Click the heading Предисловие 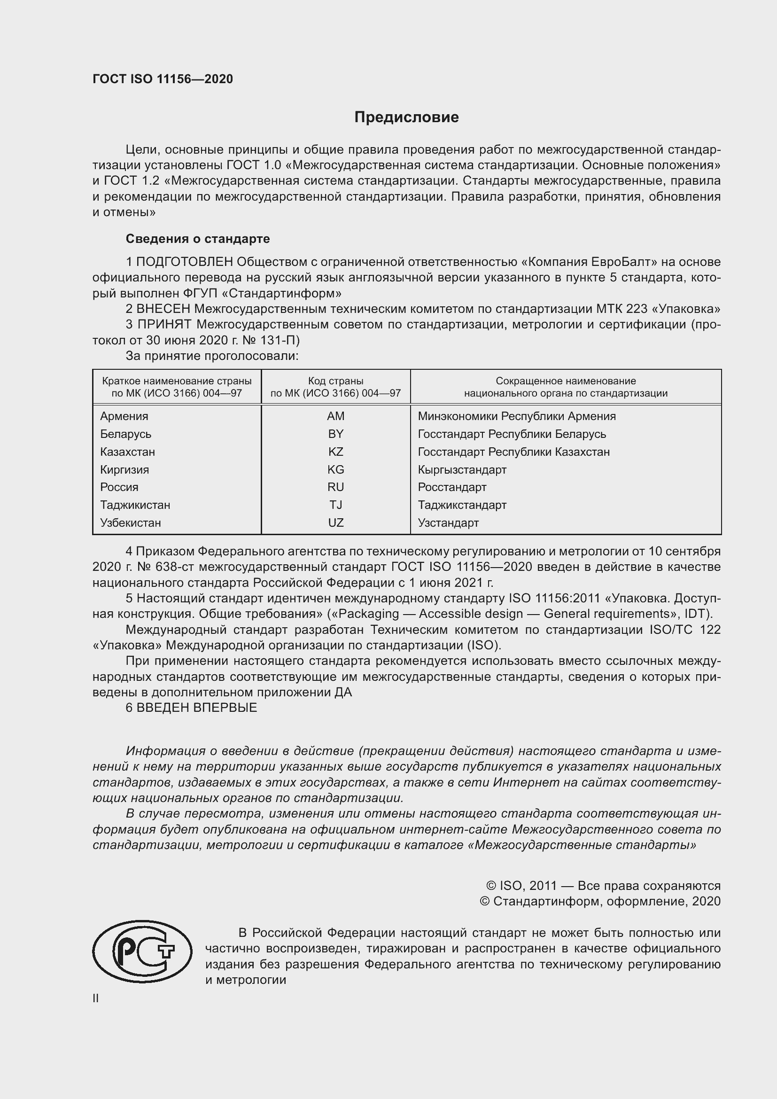[x=406, y=117]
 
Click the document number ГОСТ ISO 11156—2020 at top [x=163, y=79]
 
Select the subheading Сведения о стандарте [x=198, y=238]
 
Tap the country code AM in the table [x=335, y=416]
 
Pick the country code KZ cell [x=335, y=452]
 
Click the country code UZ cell [x=335, y=522]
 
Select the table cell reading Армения [x=124, y=416]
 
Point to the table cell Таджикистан [x=135, y=505]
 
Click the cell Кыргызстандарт [x=462, y=469]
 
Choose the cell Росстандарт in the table [x=451, y=487]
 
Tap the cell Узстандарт [x=448, y=522]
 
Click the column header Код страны [x=335, y=381]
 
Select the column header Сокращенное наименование [x=566, y=381]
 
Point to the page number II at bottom [x=96, y=998]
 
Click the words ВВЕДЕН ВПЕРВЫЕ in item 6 [x=197, y=708]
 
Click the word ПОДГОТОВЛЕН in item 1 [x=185, y=262]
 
